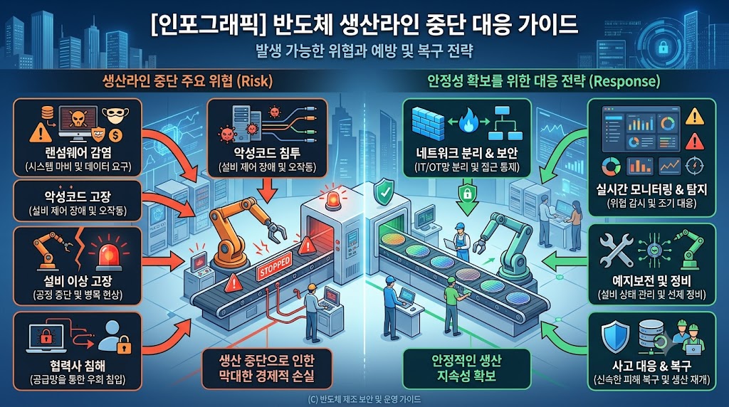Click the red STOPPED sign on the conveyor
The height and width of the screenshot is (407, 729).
pyautogui.click(x=274, y=266)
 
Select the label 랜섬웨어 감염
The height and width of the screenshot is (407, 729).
pyautogui.click(x=78, y=152)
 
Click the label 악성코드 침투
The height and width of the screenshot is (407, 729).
pyautogui.click(x=268, y=153)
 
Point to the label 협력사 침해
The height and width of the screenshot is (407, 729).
pyautogui.click(x=78, y=365)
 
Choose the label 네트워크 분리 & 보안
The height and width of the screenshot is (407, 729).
pyautogui.click(x=466, y=153)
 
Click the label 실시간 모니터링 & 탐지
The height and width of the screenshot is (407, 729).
pyautogui.click(x=651, y=189)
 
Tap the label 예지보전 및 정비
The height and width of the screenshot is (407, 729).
pyautogui.click(x=651, y=280)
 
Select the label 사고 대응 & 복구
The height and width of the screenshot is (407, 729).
pyautogui.click(x=651, y=366)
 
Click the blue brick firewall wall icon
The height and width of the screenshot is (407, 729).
pyautogui.click(x=428, y=122)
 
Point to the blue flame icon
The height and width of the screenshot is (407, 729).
pyautogui.click(x=468, y=122)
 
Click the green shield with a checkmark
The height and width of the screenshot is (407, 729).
pyautogui.click(x=384, y=192)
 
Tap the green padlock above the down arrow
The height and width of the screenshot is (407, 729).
pyautogui.click(x=467, y=193)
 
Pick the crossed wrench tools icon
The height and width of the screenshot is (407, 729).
pyautogui.click(x=616, y=251)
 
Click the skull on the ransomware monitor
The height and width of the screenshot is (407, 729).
pyautogui.click(x=78, y=120)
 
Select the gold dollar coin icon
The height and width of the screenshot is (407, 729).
pyautogui.click(x=116, y=136)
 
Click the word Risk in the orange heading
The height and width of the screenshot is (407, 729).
pyautogui.click(x=254, y=82)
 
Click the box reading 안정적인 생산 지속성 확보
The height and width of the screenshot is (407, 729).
pyautogui.click(x=466, y=369)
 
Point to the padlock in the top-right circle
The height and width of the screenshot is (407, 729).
pyautogui.click(x=663, y=47)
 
